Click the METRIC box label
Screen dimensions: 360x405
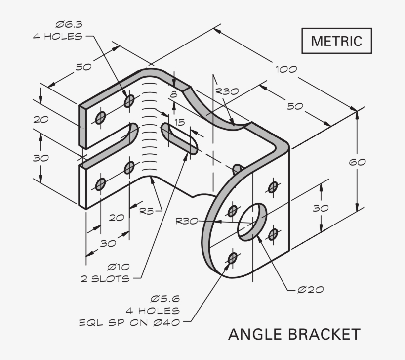point(336,41)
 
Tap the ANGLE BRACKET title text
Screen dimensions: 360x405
point(294,334)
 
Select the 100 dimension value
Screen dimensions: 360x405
point(286,69)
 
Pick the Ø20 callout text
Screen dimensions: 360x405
point(310,289)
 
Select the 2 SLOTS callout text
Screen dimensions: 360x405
point(105,279)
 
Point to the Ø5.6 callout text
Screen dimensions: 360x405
point(165,299)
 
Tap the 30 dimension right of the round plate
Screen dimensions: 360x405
point(321,208)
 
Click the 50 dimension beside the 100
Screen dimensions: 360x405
point(295,106)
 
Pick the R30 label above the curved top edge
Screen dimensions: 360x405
point(227,91)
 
